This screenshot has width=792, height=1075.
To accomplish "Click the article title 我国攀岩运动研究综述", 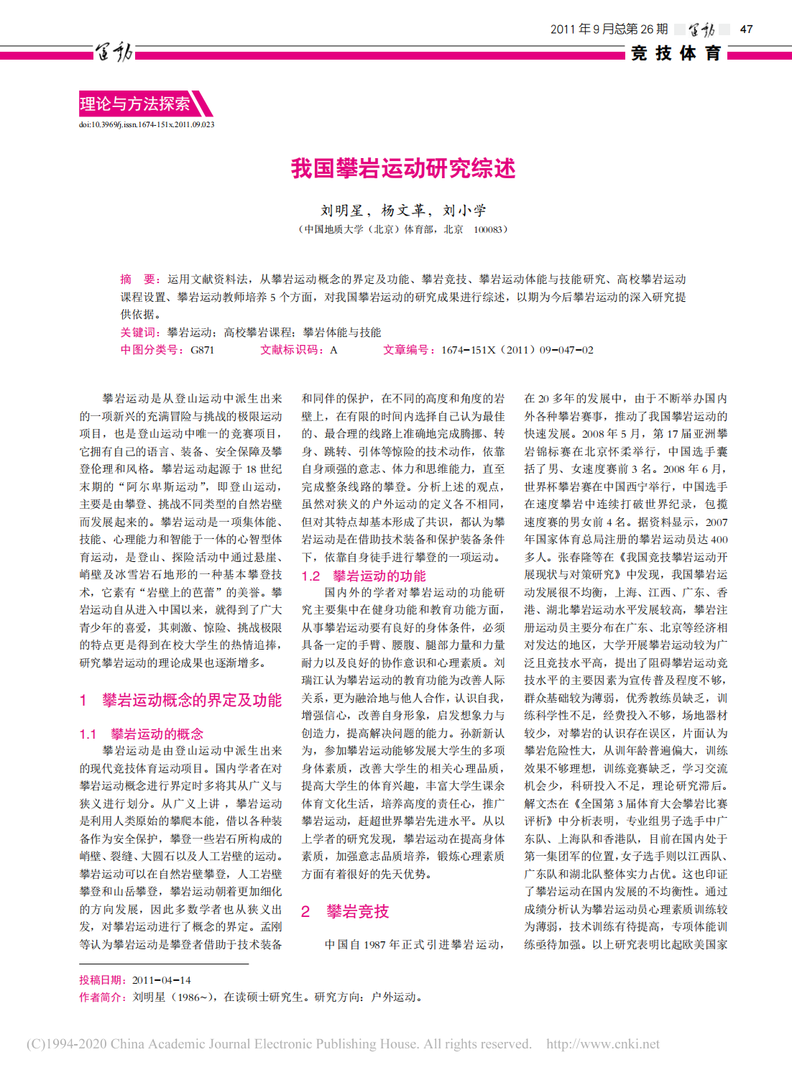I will (x=402, y=168).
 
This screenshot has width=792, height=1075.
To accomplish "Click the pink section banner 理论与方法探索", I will (x=135, y=104).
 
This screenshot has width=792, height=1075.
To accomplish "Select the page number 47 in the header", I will (x=746, y=29).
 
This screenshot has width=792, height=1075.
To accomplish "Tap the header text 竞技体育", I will (x=676, y=53).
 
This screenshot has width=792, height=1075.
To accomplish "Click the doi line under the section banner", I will (x=147, y=124).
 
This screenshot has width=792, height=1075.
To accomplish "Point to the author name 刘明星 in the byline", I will (x=342, y=211).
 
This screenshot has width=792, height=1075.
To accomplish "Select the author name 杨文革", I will (x=403, y=211).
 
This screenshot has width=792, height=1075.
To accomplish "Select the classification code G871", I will (x=202, y=350).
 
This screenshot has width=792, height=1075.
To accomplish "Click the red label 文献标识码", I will (x=291, y=350).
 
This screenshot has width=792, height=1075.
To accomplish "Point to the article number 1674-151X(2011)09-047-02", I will (x=517, y=350).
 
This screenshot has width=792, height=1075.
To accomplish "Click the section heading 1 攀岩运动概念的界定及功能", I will (x=180, y=700).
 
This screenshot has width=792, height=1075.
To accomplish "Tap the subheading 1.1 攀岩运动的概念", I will (x=142, y=734).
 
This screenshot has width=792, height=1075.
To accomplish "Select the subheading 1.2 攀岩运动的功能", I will (x=364, y=576).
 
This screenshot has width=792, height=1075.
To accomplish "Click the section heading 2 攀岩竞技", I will (x=345, y=911).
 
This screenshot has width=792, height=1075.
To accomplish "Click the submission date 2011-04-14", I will (x=161, y=980).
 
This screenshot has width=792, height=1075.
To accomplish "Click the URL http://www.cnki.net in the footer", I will (x=602, y=1044).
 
